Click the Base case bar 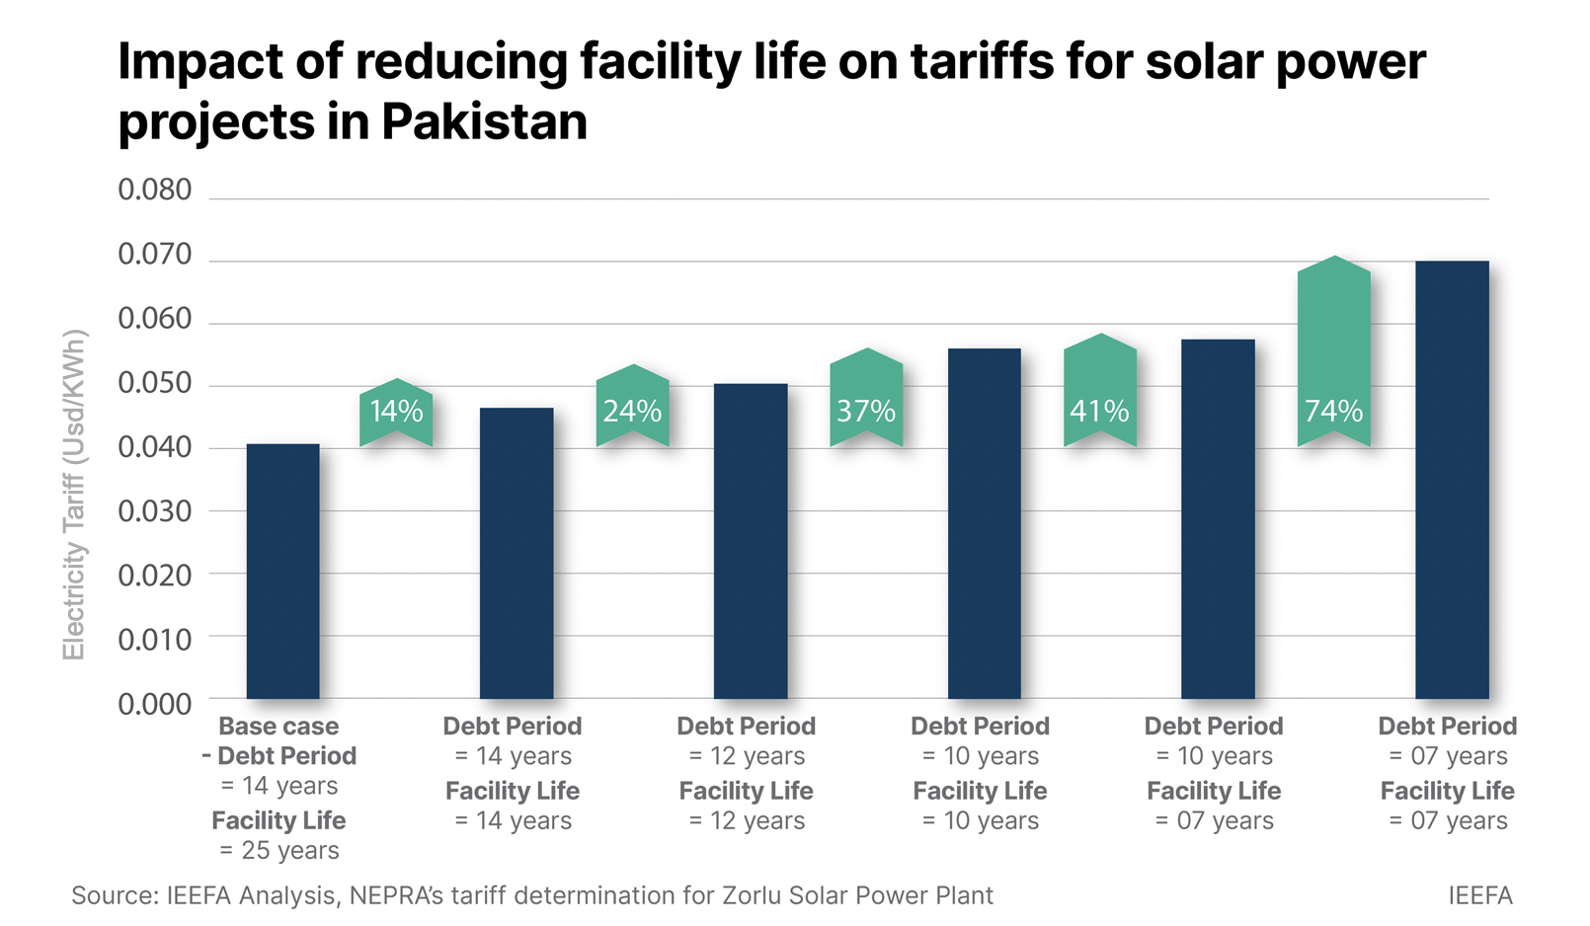click(282, 572)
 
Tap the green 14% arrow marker click(396, 412)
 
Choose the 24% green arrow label click(632, 410)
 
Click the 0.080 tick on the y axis click(155, 190)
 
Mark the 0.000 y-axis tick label click(155, 704)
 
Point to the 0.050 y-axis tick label click(155, 383)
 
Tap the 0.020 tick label click(155, 576)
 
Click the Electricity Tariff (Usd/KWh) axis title click(75, 494)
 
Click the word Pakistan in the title click(484, 122)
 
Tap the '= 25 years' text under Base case click(279, 850)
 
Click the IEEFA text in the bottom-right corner click(1479, 895)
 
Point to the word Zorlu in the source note click(755, 895)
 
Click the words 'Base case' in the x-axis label click(278, 727)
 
